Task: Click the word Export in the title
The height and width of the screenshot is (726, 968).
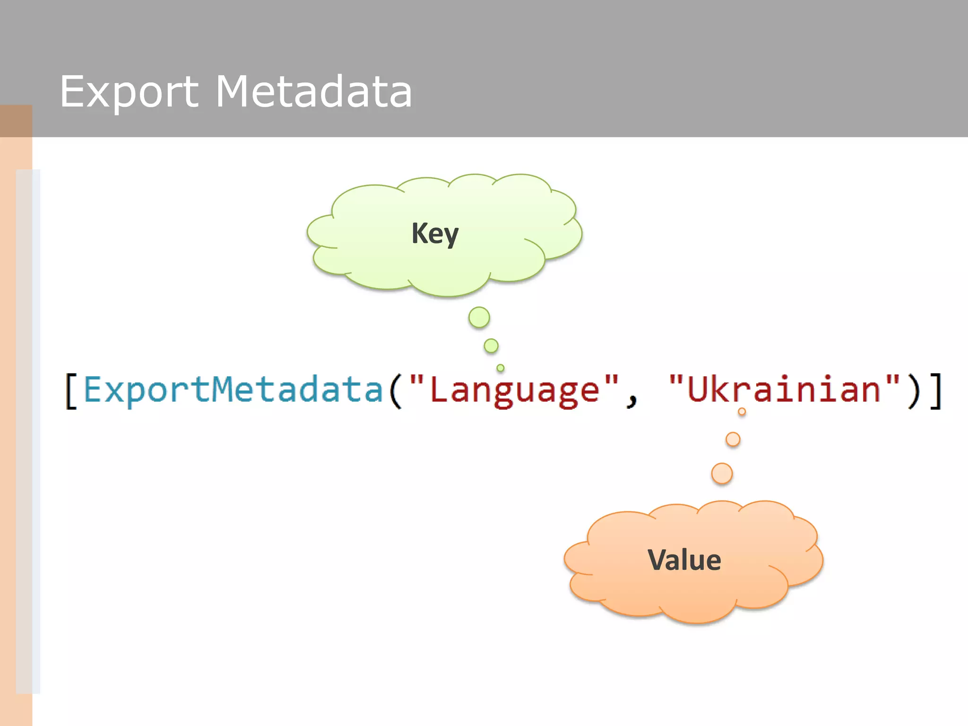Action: (x=129, y=92)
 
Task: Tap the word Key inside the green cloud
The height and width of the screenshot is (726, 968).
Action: (x=435, y=233)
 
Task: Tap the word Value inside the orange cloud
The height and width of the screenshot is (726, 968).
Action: (x=684, y=561)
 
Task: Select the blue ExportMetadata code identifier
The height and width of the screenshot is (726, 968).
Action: (x=233, y=390)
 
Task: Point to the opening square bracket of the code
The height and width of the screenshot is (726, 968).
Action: (x=71, y=391)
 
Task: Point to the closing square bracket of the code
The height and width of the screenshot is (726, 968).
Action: (x=936, y=391)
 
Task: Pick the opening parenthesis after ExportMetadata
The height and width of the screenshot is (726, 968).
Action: (x=395, y=391)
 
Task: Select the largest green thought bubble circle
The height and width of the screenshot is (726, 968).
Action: (x=479, y=317)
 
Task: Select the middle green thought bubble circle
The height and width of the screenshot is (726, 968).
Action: (x=491, y=346)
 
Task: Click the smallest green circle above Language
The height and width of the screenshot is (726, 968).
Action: (x=501, y=368)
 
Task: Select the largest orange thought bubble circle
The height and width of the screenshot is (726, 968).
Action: (x=722, y=474)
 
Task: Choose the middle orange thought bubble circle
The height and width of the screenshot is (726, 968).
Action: (x=733, y=440)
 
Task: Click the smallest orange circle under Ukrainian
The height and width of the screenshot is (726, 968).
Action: (x=742, y=412)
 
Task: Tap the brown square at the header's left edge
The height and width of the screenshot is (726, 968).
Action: (x=16, y=121)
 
